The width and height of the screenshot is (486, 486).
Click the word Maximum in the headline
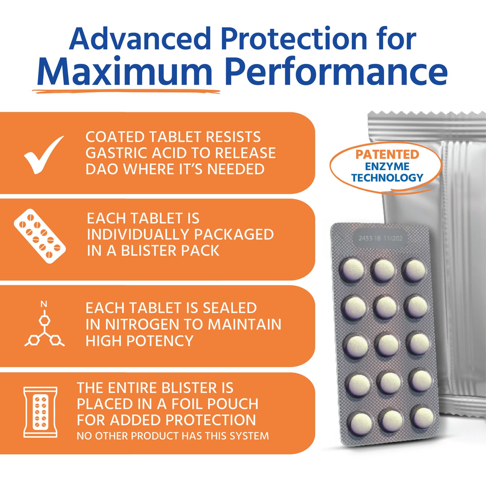point(125,71)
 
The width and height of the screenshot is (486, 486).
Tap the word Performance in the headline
point(337,71)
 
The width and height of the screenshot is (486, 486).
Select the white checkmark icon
point(44,154)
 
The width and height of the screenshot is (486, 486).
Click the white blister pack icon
point(40,236)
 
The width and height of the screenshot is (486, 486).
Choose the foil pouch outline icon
point(40,412)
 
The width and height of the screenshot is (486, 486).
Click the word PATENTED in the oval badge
point(387,154)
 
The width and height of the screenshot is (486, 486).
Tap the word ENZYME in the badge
point(387,166)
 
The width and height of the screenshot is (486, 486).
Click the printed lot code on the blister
point(380,238)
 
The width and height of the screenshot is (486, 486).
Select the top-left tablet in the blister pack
point(352,269)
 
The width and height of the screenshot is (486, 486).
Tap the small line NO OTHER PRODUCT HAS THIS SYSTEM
point(173,436)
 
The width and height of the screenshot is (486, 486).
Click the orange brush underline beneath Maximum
point(126,91)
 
